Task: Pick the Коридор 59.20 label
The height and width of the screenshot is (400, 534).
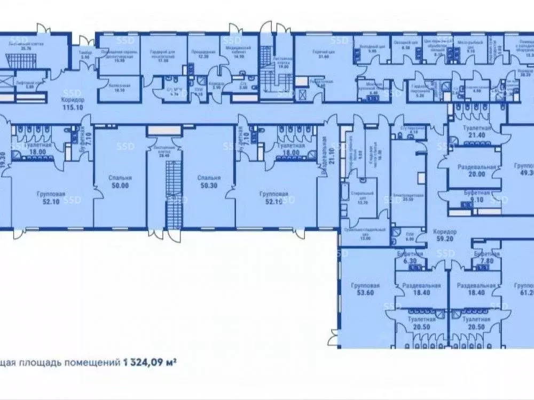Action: tap(446, 235)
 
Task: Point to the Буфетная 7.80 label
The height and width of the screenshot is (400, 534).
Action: tap(485, 259)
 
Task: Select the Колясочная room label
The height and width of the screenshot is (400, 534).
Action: tap(120, 88)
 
